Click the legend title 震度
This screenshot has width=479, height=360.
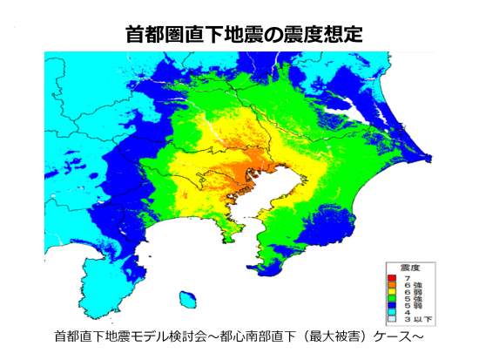(408, 267)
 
